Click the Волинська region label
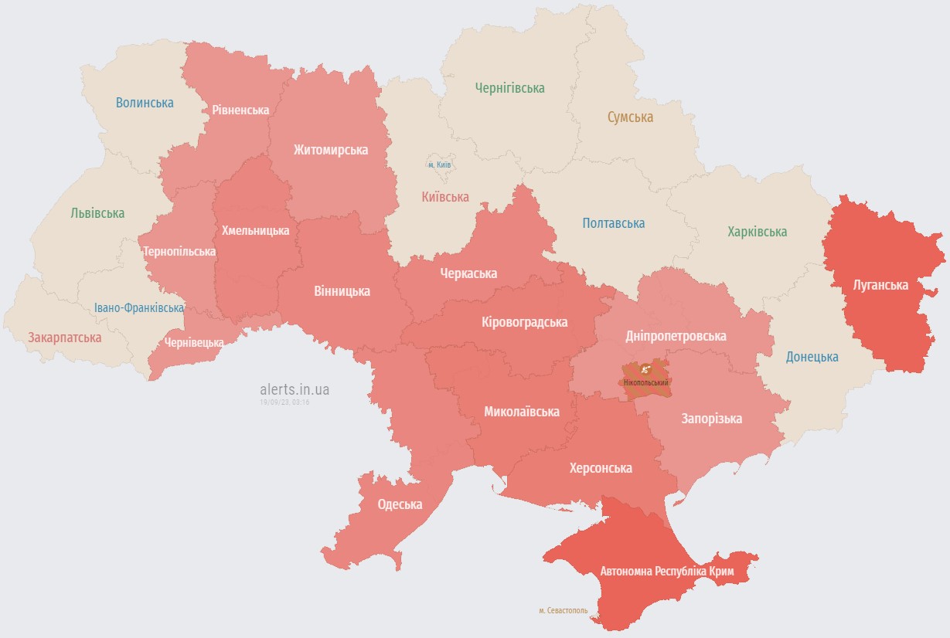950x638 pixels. pyautogui.click(x=145, y=102)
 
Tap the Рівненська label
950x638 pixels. pyautogui.click(x=240, y=110)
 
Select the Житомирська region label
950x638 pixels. pyautogui.click(x=330, y=149)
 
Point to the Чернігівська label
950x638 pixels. pyautogui.click(x=509, y=88)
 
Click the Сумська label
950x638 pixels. pyautogui.click(x=630, y=117)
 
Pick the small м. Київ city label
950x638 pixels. pyautogui.click(x=439, y=165)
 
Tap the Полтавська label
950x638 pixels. pyautogui.click(x=614, y=223)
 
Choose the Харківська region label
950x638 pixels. pyautogui.click(x=757, y=232)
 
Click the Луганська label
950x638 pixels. pyautogui.click(x=880, y=285)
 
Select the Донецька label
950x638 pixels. pyautogui.click(x=812, y=357)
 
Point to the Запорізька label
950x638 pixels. pyautogui.click(x=711, y=419)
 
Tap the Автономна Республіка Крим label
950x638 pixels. pyautogui.click(x=667, y=572)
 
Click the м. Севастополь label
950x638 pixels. pyautogui.click(x=563, y=610)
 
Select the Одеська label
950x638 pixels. pyautogui.click(x=400, y=504)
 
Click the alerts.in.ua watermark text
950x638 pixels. pyautogui.click(x=295, y=389)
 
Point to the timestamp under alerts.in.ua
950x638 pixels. pyautogui.click(x=284, y=402)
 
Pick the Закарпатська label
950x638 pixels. pyautogui.click(x=65, y=338)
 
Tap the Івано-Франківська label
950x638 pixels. pyautogui.click(x=139, y=307)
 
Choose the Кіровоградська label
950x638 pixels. pyautogui.click(x=524, y=322)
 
